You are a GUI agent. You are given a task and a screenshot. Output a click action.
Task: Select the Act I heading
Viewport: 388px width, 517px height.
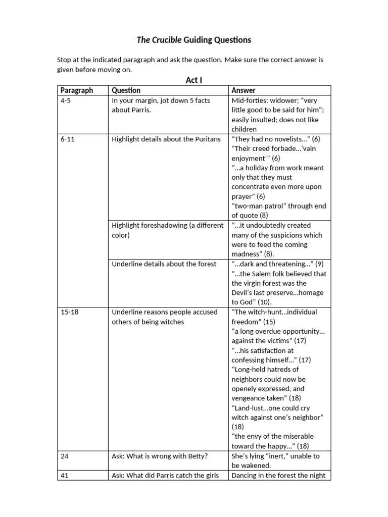tap(194, 80)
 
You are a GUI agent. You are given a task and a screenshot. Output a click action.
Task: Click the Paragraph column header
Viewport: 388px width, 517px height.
tap(77, 90)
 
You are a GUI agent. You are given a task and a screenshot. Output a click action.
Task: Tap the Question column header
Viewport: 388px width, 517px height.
tap(126, 90)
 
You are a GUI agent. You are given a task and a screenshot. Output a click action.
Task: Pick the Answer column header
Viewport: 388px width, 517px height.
tap(244, 90)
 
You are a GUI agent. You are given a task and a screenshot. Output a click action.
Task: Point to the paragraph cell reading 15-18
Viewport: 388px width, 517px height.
tap(70, 312)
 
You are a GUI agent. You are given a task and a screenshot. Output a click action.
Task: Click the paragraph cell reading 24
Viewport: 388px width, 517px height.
tap(65, 456)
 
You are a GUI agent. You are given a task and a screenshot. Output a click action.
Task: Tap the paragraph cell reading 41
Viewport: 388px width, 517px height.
tap(65, 475)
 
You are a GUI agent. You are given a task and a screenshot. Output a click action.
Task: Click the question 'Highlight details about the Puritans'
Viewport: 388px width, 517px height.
tap(166, 139)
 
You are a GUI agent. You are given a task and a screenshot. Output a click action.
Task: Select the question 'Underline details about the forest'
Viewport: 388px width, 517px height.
tap(164, 264)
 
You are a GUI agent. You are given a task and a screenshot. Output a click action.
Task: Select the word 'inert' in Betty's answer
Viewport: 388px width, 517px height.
tap(275, 456)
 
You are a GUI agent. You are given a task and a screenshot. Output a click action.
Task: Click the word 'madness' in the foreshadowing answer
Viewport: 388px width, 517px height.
tap(248, 254)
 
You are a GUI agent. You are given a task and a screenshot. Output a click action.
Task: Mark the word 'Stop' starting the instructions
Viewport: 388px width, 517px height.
tap(65, 60)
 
